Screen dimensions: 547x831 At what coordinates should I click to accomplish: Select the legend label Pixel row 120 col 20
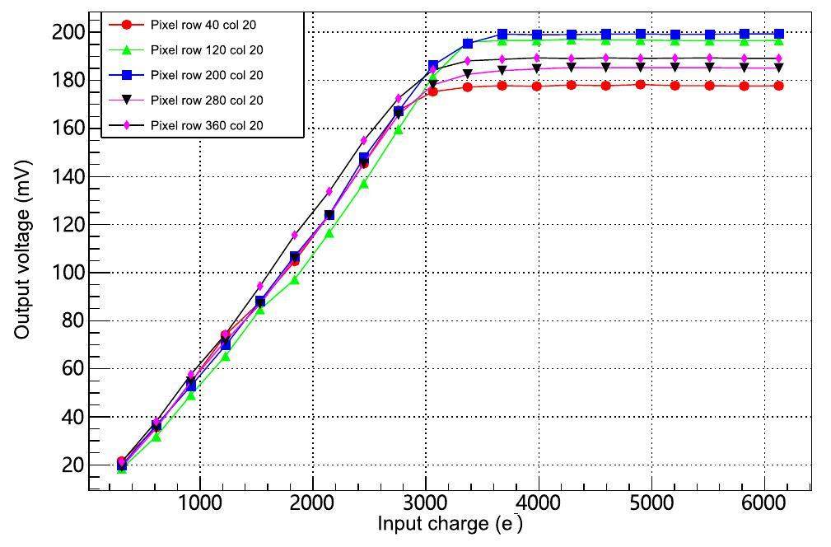pos(207,50)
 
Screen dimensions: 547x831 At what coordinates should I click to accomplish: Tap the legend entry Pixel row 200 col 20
pos(207,76)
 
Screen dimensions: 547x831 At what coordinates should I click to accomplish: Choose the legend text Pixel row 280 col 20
pos(207,101)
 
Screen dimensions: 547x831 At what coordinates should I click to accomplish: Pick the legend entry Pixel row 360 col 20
pos(207,126)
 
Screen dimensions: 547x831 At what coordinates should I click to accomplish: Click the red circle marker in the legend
pos(126,26)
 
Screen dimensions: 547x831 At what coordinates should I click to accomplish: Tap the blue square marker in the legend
pos(126,76)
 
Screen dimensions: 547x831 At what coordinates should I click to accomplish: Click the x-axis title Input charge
pos(450,525)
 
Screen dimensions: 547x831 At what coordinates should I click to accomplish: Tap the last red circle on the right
pos(778,86)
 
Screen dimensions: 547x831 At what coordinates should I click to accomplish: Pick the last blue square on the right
pos(778,34)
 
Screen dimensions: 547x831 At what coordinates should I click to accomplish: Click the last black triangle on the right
pos(778,68)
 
